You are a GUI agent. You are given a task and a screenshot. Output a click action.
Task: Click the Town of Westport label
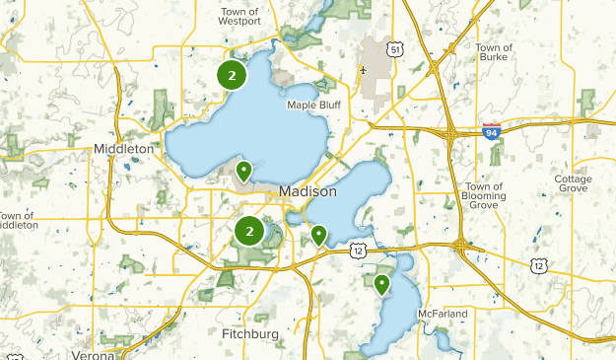[240, 16]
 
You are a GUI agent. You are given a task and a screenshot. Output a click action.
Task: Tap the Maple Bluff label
[312, 105]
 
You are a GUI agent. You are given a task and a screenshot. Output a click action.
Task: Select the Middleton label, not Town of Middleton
[123, 148]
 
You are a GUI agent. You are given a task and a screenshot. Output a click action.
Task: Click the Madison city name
[308, 191]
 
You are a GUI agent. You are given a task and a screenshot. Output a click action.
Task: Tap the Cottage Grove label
[573, 184]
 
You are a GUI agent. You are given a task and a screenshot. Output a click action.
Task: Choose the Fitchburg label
[249, 334]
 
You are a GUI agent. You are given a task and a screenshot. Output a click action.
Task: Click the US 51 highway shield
[393, 49]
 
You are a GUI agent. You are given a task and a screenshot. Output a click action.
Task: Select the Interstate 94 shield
[491, 130]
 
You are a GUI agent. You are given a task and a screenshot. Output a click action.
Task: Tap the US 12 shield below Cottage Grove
[537, 264]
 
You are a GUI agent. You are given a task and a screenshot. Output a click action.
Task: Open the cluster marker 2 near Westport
[232, 75]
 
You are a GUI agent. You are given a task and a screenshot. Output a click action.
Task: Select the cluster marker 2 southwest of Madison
[249, 232]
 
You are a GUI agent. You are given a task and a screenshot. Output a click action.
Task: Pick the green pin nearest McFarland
[381, 284]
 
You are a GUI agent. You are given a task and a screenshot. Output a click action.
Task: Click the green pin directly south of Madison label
[319, 235]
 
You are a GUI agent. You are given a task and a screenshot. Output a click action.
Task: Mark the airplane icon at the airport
[364, 70]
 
